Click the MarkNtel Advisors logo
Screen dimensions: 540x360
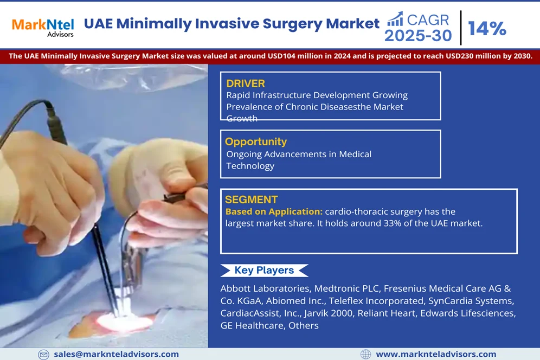tap(43, 28)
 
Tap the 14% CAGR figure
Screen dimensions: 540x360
tap(487, 28)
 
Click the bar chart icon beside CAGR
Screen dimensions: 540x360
tap(395, 19)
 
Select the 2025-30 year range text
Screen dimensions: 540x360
tap(418, 35)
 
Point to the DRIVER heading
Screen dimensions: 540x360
tap(246, 83)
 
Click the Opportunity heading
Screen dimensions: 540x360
tap(256, 142)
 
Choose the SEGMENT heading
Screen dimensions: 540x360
tap(252, 200)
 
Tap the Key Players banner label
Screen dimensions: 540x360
tap(264, 270)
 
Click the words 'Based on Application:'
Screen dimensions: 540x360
tap(274, 211)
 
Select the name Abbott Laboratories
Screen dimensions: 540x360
tap(265, 288)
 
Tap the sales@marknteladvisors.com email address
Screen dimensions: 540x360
tap(117, 354)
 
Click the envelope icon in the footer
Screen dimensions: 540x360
tap(43, 355)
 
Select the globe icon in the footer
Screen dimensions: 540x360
tap(365, 354)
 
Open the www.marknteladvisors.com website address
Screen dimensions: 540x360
tap(436, 354)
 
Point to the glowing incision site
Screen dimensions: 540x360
tap(124, 323)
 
